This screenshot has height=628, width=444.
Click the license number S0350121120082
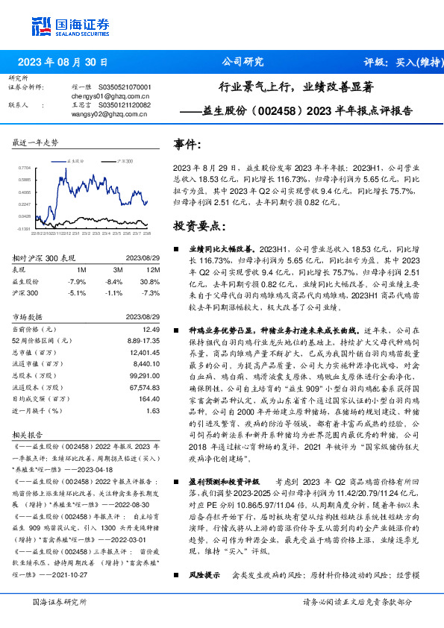click(x=124, y=105)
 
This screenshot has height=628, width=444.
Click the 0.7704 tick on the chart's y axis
click(x=23, y=168)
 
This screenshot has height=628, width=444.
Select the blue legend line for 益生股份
click(x=60, y=160)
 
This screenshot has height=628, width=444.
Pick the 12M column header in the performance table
click(x=154, y=269)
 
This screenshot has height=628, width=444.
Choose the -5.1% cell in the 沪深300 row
click(x=77, y=293)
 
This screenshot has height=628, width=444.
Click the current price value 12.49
click(x=151, y=329)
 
